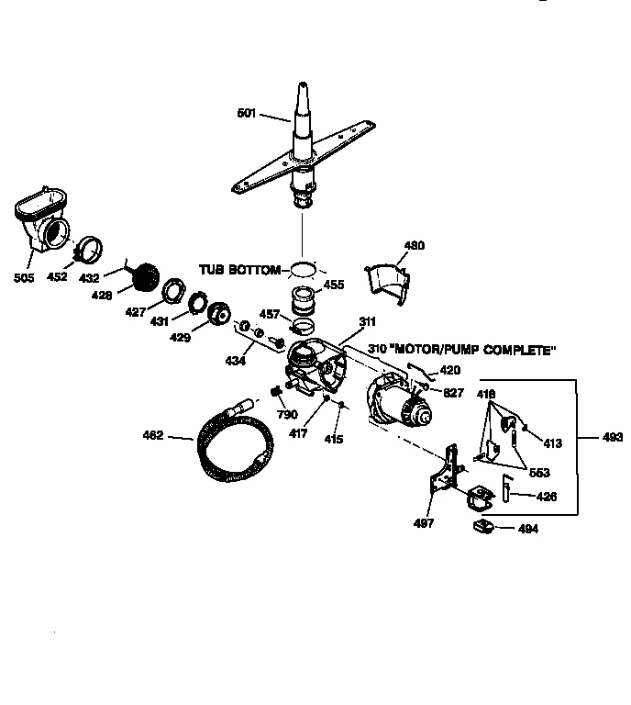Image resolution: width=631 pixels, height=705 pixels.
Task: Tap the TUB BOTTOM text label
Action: pos(239,269)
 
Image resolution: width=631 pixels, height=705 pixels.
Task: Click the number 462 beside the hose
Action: pos(153,437)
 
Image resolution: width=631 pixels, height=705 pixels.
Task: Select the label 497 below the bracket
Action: pos(424,523)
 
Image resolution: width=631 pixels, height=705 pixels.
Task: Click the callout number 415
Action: pos(333,440)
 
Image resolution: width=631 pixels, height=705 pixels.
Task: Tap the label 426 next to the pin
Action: pos(546,497)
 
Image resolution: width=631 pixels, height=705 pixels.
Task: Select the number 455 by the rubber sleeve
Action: pos(334,285)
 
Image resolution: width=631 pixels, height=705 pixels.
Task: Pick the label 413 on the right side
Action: pos(552,442)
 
